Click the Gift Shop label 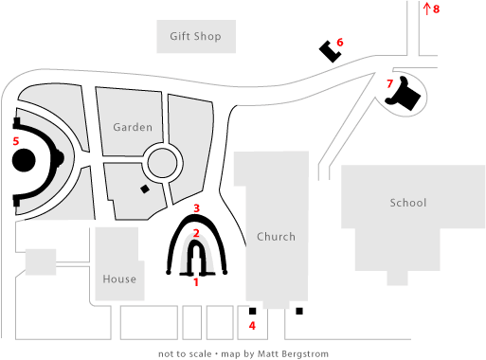[x=195, y=37]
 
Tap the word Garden [x=133, y=127]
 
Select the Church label [x=276, y=237]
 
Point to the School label [x=408, y=203]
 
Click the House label [x=119, y=279]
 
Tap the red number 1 [x=196, y=281]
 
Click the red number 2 [x=196, y=232]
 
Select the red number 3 [x=196, y=207]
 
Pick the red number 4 [x=252, y=326]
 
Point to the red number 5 [x=15, y=141]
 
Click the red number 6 [x=340, y=42]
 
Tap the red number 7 [x=389, y=83]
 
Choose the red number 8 [x=437, y=9]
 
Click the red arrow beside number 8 [x=426, y=9]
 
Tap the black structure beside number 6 [x=330, y=51]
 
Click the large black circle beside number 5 [x=25, y=159]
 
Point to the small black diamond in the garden [x=144, y=189]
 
